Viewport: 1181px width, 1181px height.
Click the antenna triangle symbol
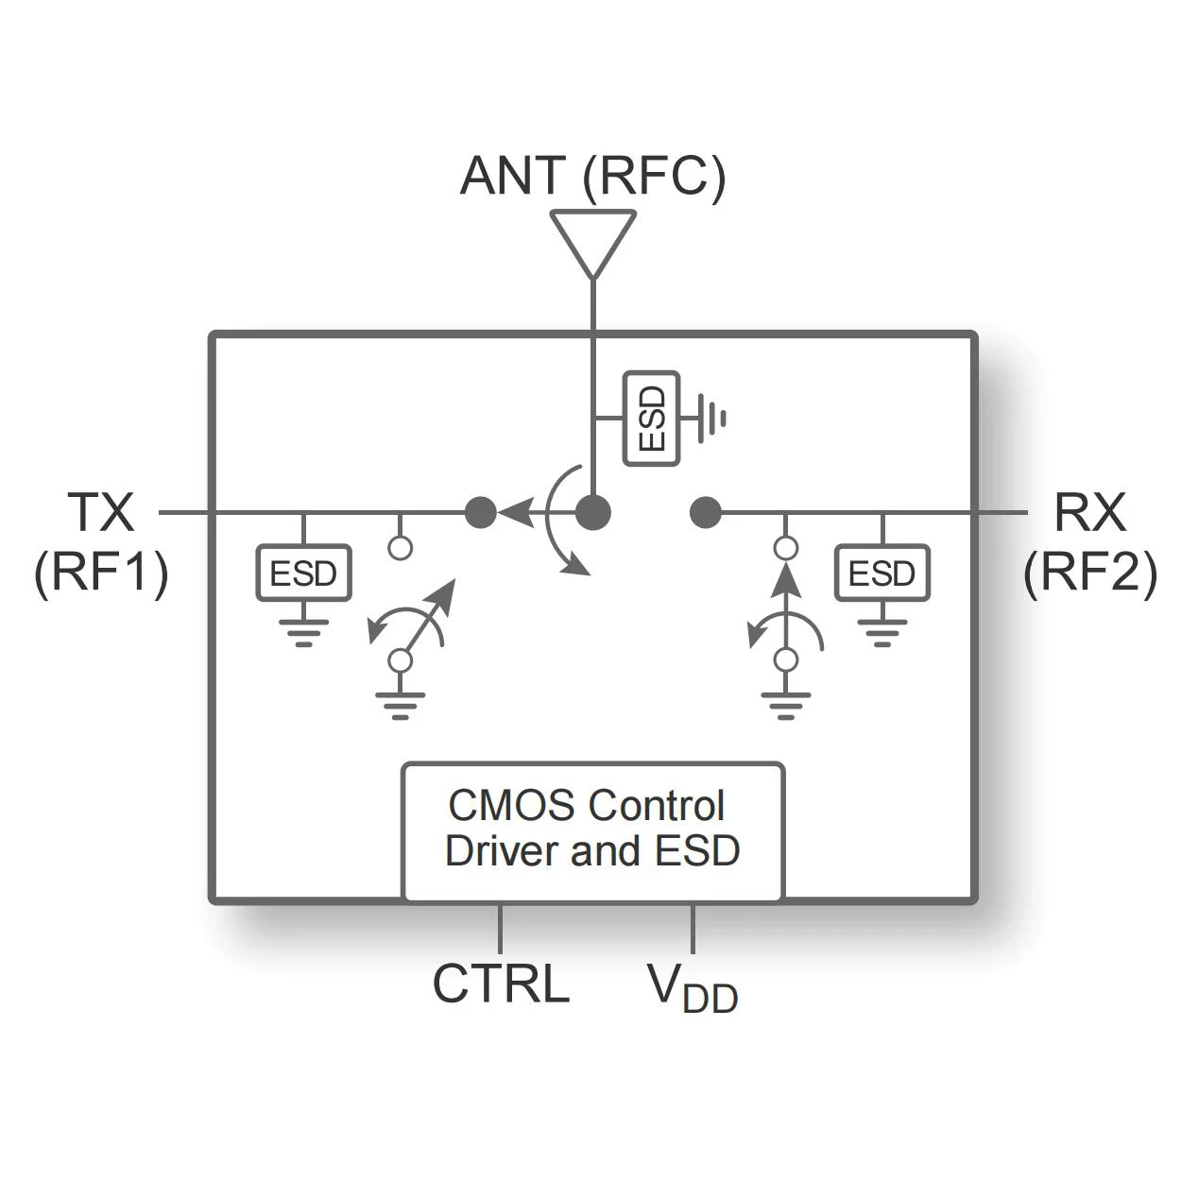(x=592, y=240)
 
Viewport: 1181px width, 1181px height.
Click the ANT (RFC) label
(x=592, y=176)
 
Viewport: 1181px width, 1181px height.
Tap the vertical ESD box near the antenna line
(x=652, y=419)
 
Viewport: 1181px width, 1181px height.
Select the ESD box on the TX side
(x=303, y=573)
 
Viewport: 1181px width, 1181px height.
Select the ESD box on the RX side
(x=881, y=573)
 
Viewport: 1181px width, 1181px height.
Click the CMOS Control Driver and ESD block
(x=592, y=830)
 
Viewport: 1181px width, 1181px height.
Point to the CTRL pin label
(x=501, y=984)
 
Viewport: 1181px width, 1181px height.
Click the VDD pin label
(x=693, y=988)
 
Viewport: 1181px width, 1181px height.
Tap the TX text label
(x=101, y=512)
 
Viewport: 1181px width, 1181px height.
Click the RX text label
(x=1089, y=512)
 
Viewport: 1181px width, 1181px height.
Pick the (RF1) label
(x=101, y=572)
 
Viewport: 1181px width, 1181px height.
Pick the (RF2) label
(x=1089, y=572)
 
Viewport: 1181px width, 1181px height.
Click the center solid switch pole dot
(x=593, y=513)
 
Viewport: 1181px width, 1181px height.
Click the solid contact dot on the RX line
(x=705, y=513)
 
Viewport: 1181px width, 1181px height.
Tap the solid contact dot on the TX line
(x=481, y=513)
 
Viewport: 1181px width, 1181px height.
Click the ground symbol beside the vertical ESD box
(x=711, y=418)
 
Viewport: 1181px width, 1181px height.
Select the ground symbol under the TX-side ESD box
(x=303, y=630)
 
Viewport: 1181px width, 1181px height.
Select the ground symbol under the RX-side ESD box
(x=881, y=630)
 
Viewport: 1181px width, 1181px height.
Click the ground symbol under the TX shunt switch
(x=400, y=705)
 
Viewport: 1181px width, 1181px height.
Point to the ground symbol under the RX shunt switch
(x=785, y=705)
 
